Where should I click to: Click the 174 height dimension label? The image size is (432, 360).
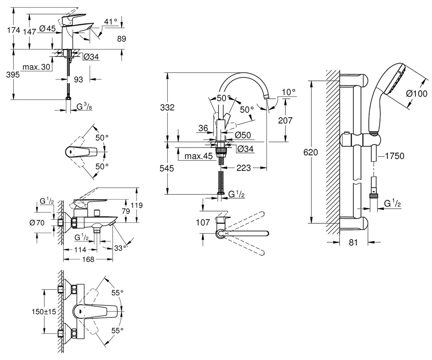click(x=14, y=30)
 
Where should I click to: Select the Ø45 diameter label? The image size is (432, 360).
click(x=48, y=28)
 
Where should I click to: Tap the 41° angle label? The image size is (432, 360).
click(x=111, y=22)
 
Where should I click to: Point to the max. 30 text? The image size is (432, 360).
click(x=36, y=67)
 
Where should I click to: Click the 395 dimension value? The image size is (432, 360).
click(x=13, y=75)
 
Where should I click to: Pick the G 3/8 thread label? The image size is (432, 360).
click(x=84, y=107)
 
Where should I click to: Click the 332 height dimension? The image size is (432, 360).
click(x=167, y=107)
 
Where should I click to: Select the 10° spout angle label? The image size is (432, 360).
click(x=289, y=92)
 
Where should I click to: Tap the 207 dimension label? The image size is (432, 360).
click(x=285, y=120)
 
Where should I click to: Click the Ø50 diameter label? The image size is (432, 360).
click(x=243, y=135)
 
